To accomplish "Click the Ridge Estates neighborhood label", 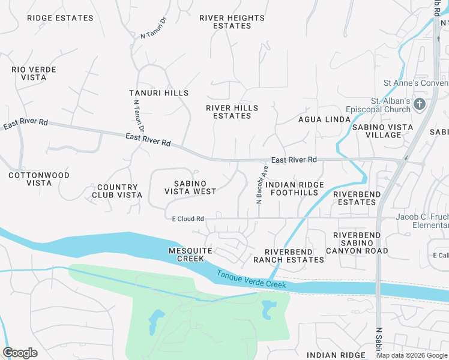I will pyautogui.click(x=60, y=18).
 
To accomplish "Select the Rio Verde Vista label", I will pyautogui.click(x=34, y=74).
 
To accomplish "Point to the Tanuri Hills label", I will pyautogui.click(x=158, y=93).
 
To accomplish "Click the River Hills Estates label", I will pyautogui.click(x=232, y=112).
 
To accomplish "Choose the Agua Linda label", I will pyautogui.click(x=324, y=119).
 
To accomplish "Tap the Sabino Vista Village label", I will pyautogui.click(x=382, y=131).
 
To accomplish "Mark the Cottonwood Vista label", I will pyautogui.click(x=39, y=179).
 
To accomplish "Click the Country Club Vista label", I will pyautogui.click(x=117, y=191).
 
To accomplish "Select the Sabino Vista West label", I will pyautogui.click(x=190, y=187).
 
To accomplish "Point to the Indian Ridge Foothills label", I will pyautogui.click(x=294, y=188).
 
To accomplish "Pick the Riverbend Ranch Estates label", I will pyautogui.click(x=289, y=255).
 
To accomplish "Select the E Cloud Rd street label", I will pyautogui.click(x=188, y=219).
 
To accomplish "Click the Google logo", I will pyautogui.click(x=20, y=353).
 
